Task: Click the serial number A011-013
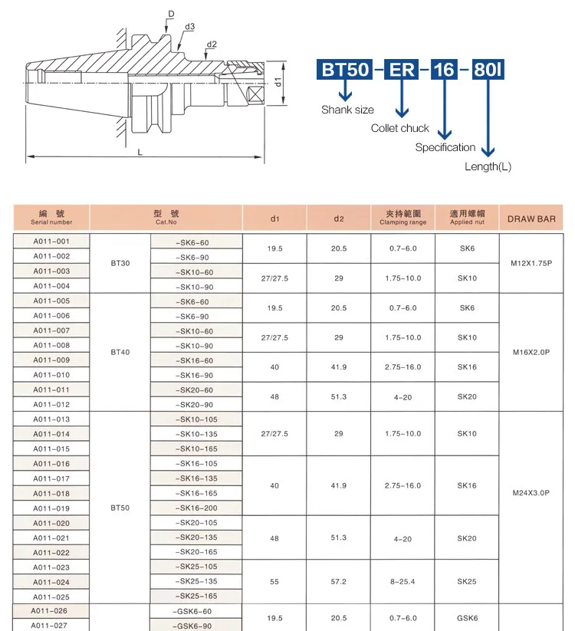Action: (51, 419)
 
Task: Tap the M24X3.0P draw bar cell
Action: (531, 493)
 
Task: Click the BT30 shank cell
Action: (120, 263)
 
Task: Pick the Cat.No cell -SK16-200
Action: (196, 508)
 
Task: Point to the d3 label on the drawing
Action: (189, 27)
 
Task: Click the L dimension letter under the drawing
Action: (140, 153)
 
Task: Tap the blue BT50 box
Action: (344, 70)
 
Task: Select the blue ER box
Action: (401, 70)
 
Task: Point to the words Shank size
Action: (347, 110)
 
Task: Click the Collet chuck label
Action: (400, 128)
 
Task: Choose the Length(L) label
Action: (488, 166)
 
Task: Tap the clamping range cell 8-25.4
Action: (402, 582)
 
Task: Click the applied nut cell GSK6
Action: (467, 618)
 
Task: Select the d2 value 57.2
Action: (339, 582)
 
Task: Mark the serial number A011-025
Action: (51, 596)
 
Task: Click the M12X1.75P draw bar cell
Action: (531, 263)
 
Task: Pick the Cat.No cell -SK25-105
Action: (196, 567)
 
